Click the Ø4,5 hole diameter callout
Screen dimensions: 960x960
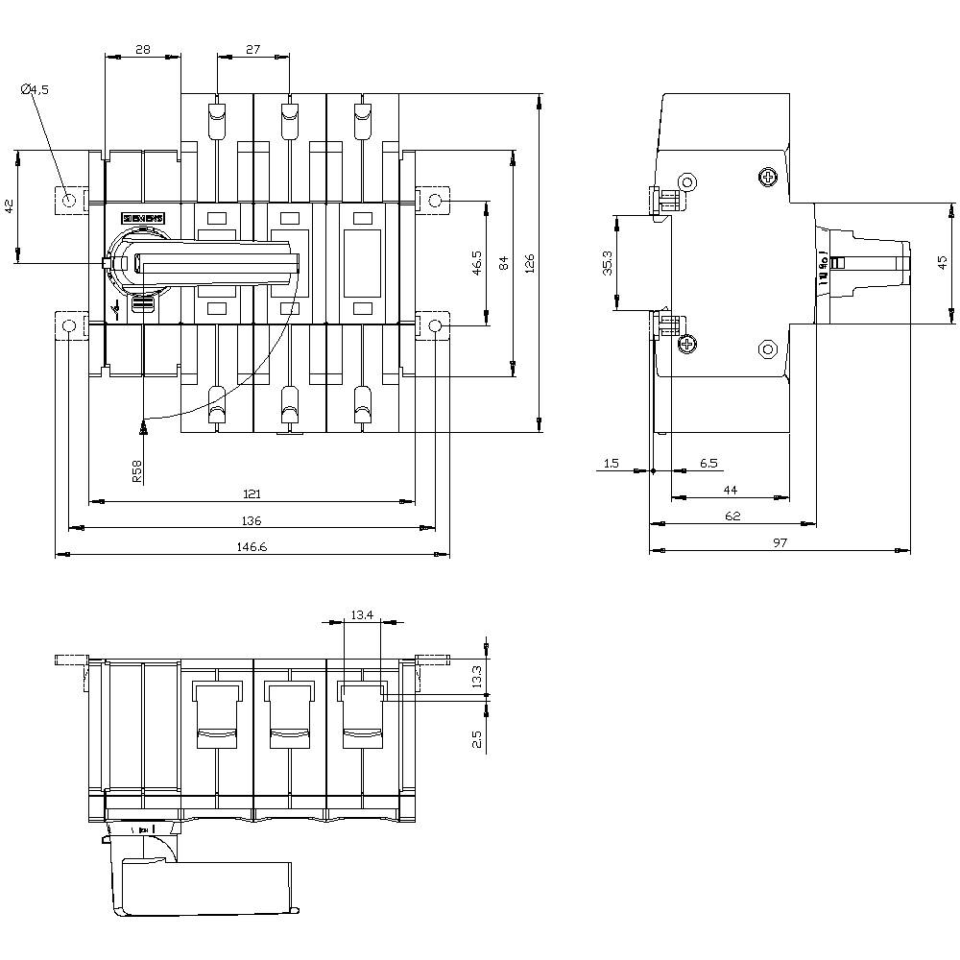pyautogui.click(x=35, y=90)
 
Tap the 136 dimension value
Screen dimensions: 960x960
pyautogui.click(x=251, y=520)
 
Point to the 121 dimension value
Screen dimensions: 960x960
pyautogui.click(x=251, y=493)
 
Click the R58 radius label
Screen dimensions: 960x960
pyautogui.click(x=136, y=469)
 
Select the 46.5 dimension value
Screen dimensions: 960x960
pyautogui.click(x=477, y=264)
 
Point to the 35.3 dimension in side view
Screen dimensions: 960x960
pyautogui.click(x=606, y=264)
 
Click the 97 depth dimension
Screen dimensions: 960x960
pyautogui.click(x=780, y=542)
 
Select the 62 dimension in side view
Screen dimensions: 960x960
pyautogui.click(x=732, y=516)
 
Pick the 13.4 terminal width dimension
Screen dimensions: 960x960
pyautogui.click(x=361, y=614)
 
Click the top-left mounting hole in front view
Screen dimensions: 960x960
pyautogui.click(x=69, y=200)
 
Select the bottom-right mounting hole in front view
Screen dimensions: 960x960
pyautogui.click(x=435, y=326)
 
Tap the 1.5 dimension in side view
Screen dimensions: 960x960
pyautogui.click(x=611, y=464)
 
